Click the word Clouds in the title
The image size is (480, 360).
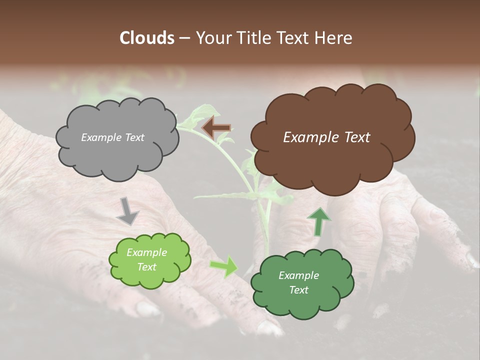[x=146, y=38]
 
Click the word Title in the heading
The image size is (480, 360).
[x=254, y=38]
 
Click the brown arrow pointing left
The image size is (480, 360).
[x=216, y=127]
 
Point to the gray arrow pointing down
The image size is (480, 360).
[x=127, y=210]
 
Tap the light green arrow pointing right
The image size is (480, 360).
[x=223, y=265]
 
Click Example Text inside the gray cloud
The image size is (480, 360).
[x=112, y=137]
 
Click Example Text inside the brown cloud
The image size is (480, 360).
[x=326, y=137]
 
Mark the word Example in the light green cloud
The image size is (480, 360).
[x=146, y=252]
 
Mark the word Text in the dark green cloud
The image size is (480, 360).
[x=298, y=290]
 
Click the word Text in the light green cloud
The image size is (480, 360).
[x=146, y=267]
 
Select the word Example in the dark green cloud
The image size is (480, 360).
[x=298, y=275]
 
